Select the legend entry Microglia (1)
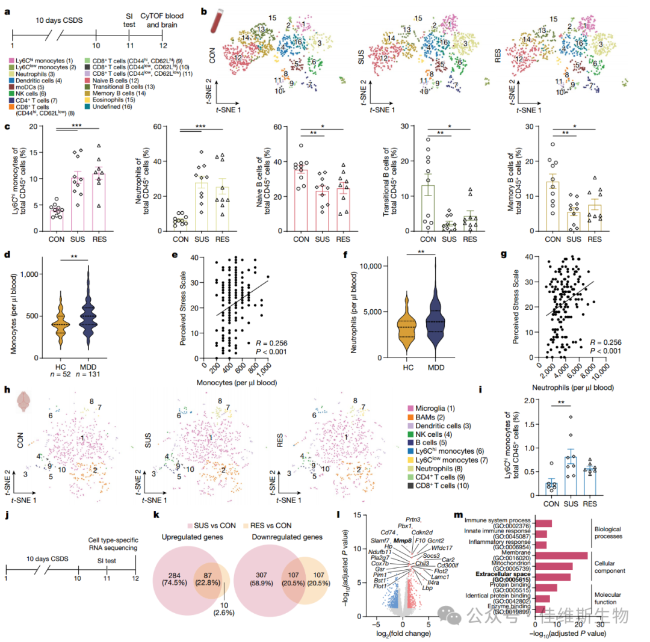click(x=430, y=409)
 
